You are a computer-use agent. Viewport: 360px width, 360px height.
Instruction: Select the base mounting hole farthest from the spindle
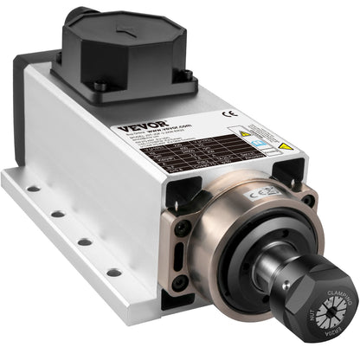(x=31, y=187)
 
